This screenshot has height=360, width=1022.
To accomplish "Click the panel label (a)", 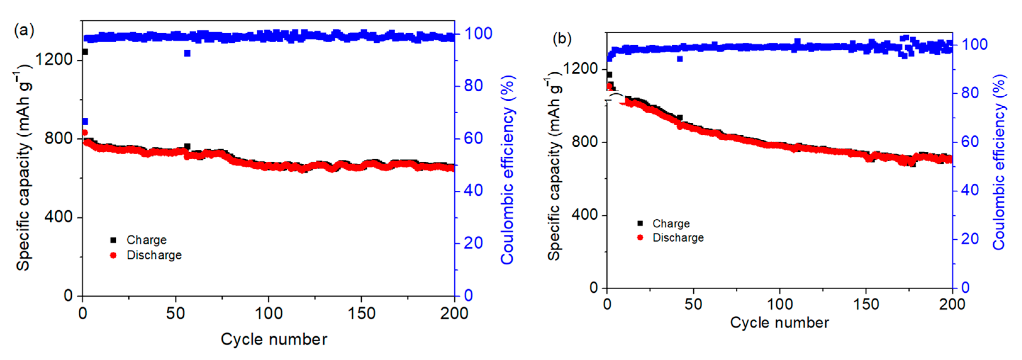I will [x=24, y=31].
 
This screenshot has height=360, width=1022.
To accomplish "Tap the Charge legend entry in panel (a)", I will [x=146, y=240].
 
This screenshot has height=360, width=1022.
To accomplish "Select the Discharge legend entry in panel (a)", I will [x=153, y=255].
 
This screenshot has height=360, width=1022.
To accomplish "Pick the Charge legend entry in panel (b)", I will [x=670, y=223].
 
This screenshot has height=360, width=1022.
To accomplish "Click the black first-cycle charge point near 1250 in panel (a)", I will [x=85, y=52].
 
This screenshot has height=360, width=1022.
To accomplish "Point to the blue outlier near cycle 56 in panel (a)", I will [x=187, y=53].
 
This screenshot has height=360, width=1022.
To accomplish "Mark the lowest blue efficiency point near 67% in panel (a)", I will [x=85, y=121].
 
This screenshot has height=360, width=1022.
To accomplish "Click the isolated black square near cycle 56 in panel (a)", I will [x=187, y=146].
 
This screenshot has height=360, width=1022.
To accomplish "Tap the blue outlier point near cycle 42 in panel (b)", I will [x=680, y=59].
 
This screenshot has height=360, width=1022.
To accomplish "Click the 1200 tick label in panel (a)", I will [x=54, y=59].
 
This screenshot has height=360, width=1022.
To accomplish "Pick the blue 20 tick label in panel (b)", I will [x=969, y=239].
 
